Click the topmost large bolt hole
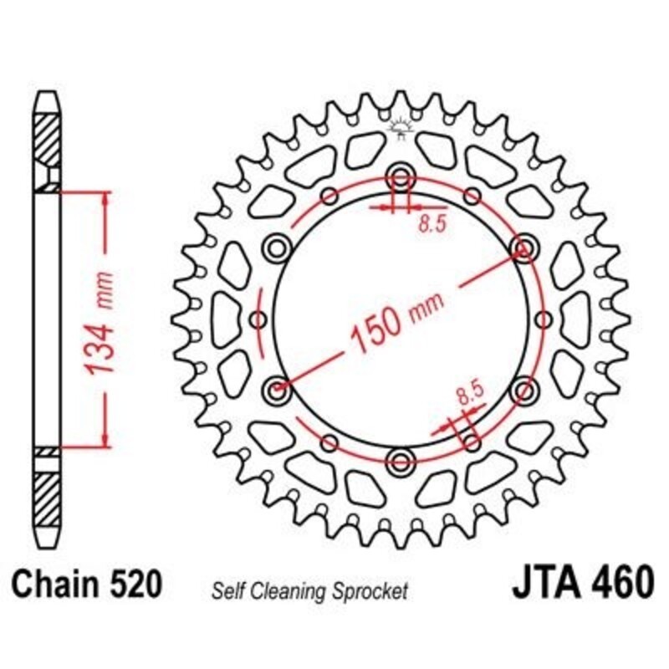(401, 177)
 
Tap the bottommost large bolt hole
(401, 460)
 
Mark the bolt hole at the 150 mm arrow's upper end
(524, 248)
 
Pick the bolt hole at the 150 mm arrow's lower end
(278, 389)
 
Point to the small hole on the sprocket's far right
(544, 319)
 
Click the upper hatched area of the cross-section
(47, 134)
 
